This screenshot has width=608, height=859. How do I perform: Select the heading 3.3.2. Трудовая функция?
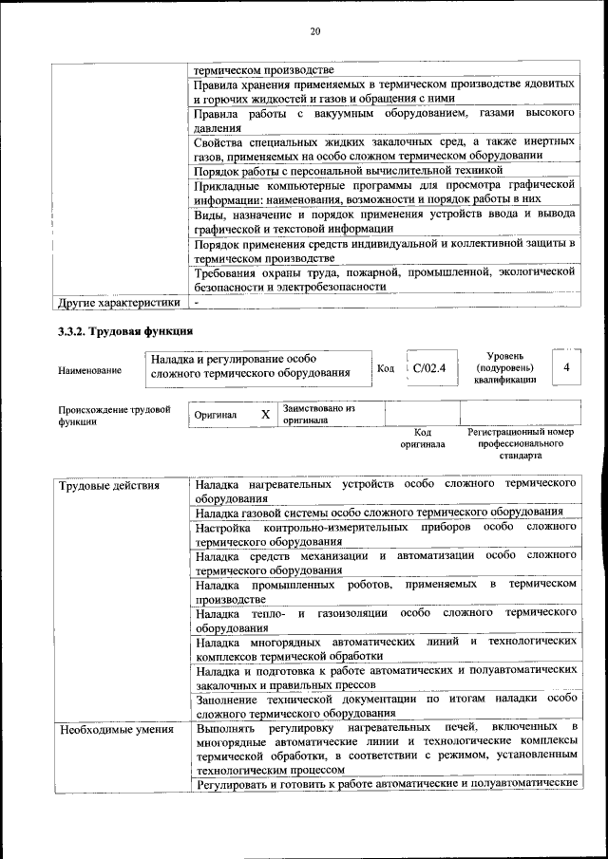tap(126, 331)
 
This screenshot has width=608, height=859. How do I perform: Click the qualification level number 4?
tap(566, 366)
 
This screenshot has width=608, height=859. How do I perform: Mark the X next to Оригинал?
tap(265, 415)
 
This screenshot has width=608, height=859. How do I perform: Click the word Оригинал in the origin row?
tap(216, 416)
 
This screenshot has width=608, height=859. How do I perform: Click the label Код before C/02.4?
tap(386, 368)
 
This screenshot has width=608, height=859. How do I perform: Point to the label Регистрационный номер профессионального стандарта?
tap(521, 443)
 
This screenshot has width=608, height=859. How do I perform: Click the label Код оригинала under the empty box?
tap(422, 438)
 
